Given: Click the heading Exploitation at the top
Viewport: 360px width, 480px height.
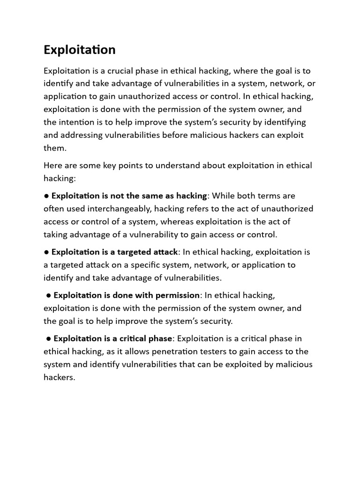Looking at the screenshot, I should [79, 50].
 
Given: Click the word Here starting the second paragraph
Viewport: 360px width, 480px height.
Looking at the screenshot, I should [53, 165].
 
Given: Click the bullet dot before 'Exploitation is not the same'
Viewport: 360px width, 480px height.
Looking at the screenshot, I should [46, 196].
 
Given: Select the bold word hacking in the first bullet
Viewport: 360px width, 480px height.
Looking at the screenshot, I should [190, 195].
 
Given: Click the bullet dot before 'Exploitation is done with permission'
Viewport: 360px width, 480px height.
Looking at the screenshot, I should [48, 295].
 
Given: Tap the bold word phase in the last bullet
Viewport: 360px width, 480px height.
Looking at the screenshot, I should [161, 338].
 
